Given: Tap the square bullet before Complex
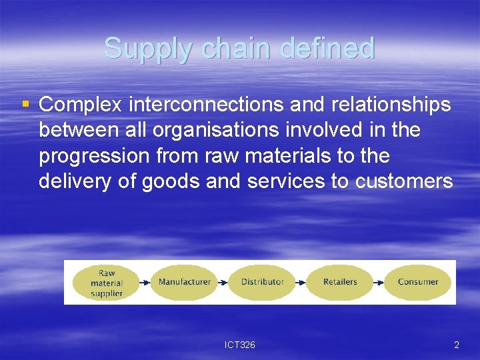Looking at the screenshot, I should pos(26,104).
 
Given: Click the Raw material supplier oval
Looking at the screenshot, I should pos(107,283).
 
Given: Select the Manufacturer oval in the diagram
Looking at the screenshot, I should pos(185,282).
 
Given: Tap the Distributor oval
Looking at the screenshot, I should pos(263,282).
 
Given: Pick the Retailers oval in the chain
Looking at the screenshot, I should pos(340,282).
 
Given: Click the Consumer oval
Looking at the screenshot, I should pos(418,282).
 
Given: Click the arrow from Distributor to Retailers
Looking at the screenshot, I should pos(301,282).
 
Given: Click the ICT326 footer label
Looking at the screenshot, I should pos(240,345).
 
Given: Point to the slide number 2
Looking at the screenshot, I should pos(456,345).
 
